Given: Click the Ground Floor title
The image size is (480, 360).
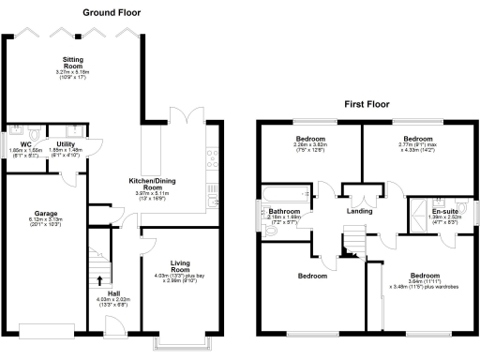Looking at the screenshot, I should pyautogui.click(x=113, y=12).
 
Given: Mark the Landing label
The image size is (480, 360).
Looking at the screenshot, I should pyautogui.click(x=359, y=211).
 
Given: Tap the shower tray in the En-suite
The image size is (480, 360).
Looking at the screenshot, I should pyautogui.click(x=415, y=211).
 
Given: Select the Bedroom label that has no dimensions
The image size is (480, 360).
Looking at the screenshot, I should pyautogui.click(x=312, y=276).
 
